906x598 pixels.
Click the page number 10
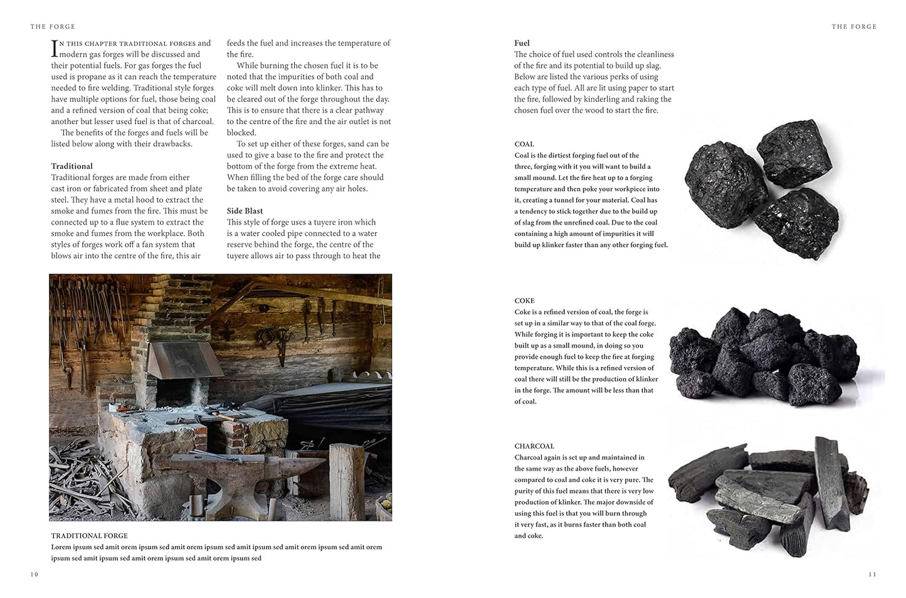tap(34, 574)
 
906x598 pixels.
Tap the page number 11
tap(872, 574)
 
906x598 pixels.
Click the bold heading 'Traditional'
tap(71, 166)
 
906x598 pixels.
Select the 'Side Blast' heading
tap(245, 211)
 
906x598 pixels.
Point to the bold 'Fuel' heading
tap(522, 43)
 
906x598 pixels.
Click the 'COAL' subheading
tap(524, 144)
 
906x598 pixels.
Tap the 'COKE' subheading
tap(524, 301)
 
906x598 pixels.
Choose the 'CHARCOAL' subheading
tap(534, 446)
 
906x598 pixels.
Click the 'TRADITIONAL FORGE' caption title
tap(89, 536)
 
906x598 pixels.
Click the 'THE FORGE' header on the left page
tap(53, 27)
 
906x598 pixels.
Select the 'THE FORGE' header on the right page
tap(854, 27)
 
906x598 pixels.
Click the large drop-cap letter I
tap(55, 48)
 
